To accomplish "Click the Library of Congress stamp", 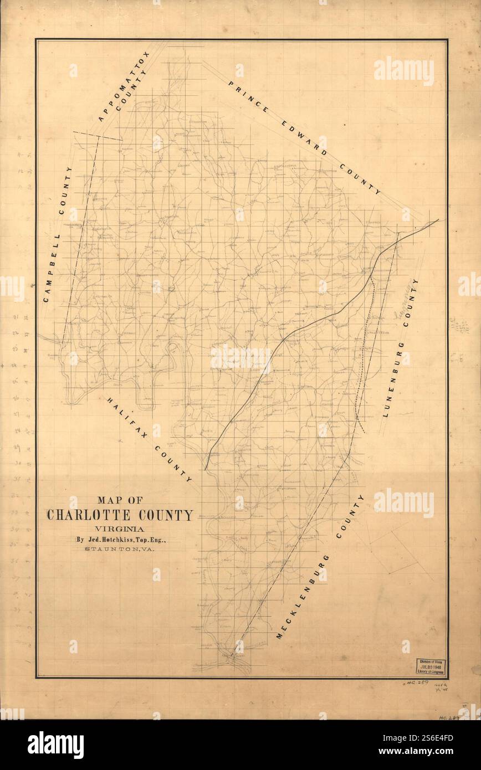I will [x=431, y=667].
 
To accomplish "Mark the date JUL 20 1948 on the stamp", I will [x=432, y=667].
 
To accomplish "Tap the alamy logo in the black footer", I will [x=55, y=745].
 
